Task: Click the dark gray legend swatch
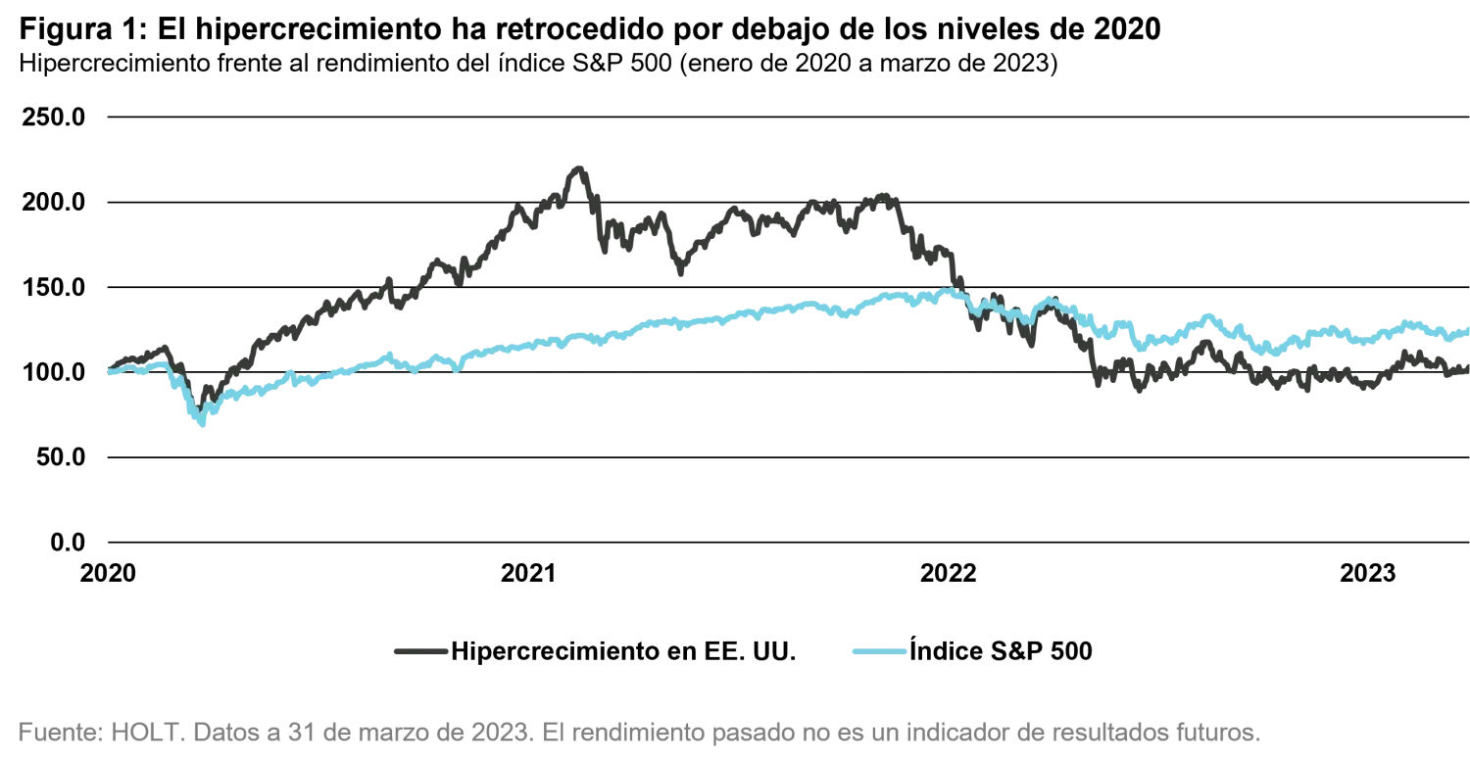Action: pyautogui.click(x=420, y=650)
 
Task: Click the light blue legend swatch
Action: pyautogui.click(x=878, y=650)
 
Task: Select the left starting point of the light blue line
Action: pyautogui.click(x=107, y=370)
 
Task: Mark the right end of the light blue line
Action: pyautogui.click(x=1466, y=333)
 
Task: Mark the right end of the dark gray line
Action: pyautogui.click(x=1466, y=368)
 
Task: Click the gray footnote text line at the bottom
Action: pyautogui.click(x=637, y=732)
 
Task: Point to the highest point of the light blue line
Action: pyautogui.click(x=947, y=290)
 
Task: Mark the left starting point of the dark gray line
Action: pyautogui.click(x=107, y=369)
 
